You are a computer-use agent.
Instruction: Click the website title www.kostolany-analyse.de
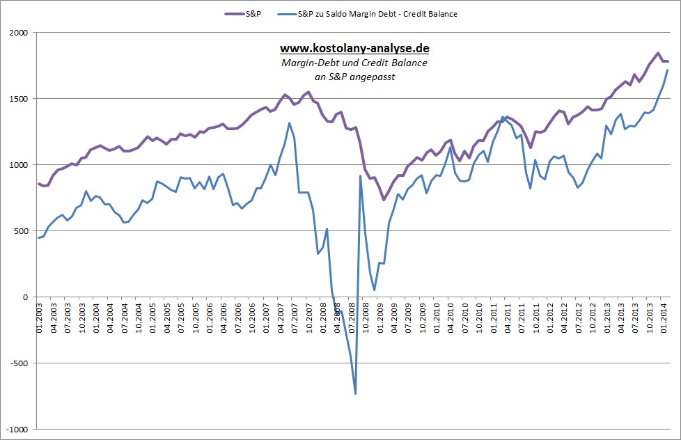(x=354, y=49)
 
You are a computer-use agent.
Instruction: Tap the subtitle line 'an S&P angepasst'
(x=354, y=77)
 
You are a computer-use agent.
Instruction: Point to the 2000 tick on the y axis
(x=18, y=33)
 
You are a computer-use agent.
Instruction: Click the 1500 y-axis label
(x=18, y=99)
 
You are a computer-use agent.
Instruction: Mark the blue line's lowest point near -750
(x=356, y=394)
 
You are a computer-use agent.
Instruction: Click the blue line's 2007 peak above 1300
(x=289, y=123)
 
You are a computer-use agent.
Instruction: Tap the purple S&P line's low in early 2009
(x=383, y=200)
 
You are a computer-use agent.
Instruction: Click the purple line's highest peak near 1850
(x=657, y=53)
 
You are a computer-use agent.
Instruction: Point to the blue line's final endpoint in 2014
(x=668, y=70)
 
